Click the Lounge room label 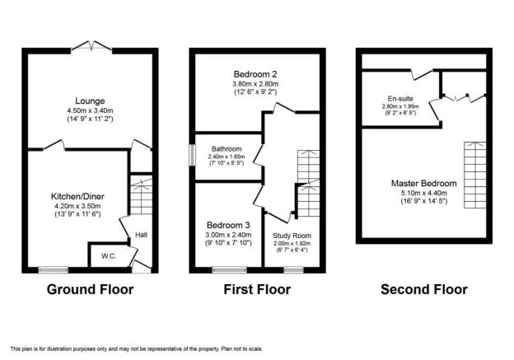(x=90, y=101)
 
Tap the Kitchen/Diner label (x=77, y=196)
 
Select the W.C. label (x=109, y=256)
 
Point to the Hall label (x=142, y=235)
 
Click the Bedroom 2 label (x=255, y=74)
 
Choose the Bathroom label (x=227, y=149)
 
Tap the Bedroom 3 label (x=228, y=225)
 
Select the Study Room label (x=292, y=236)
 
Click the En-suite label (x=400, y=99)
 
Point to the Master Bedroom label (x=424, y=183)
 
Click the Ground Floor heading (x=90, y=289)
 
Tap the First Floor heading (x=257, y=289)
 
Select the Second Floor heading (x=424, y=289)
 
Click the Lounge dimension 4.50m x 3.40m (x=90, y=110)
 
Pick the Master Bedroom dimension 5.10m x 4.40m (x=424, y=193)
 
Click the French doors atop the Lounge (x=91, y=46)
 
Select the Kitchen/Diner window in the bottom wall (x=54, y=270)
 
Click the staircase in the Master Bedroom (x=475, y=175)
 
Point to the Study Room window (x=294, y=270)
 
